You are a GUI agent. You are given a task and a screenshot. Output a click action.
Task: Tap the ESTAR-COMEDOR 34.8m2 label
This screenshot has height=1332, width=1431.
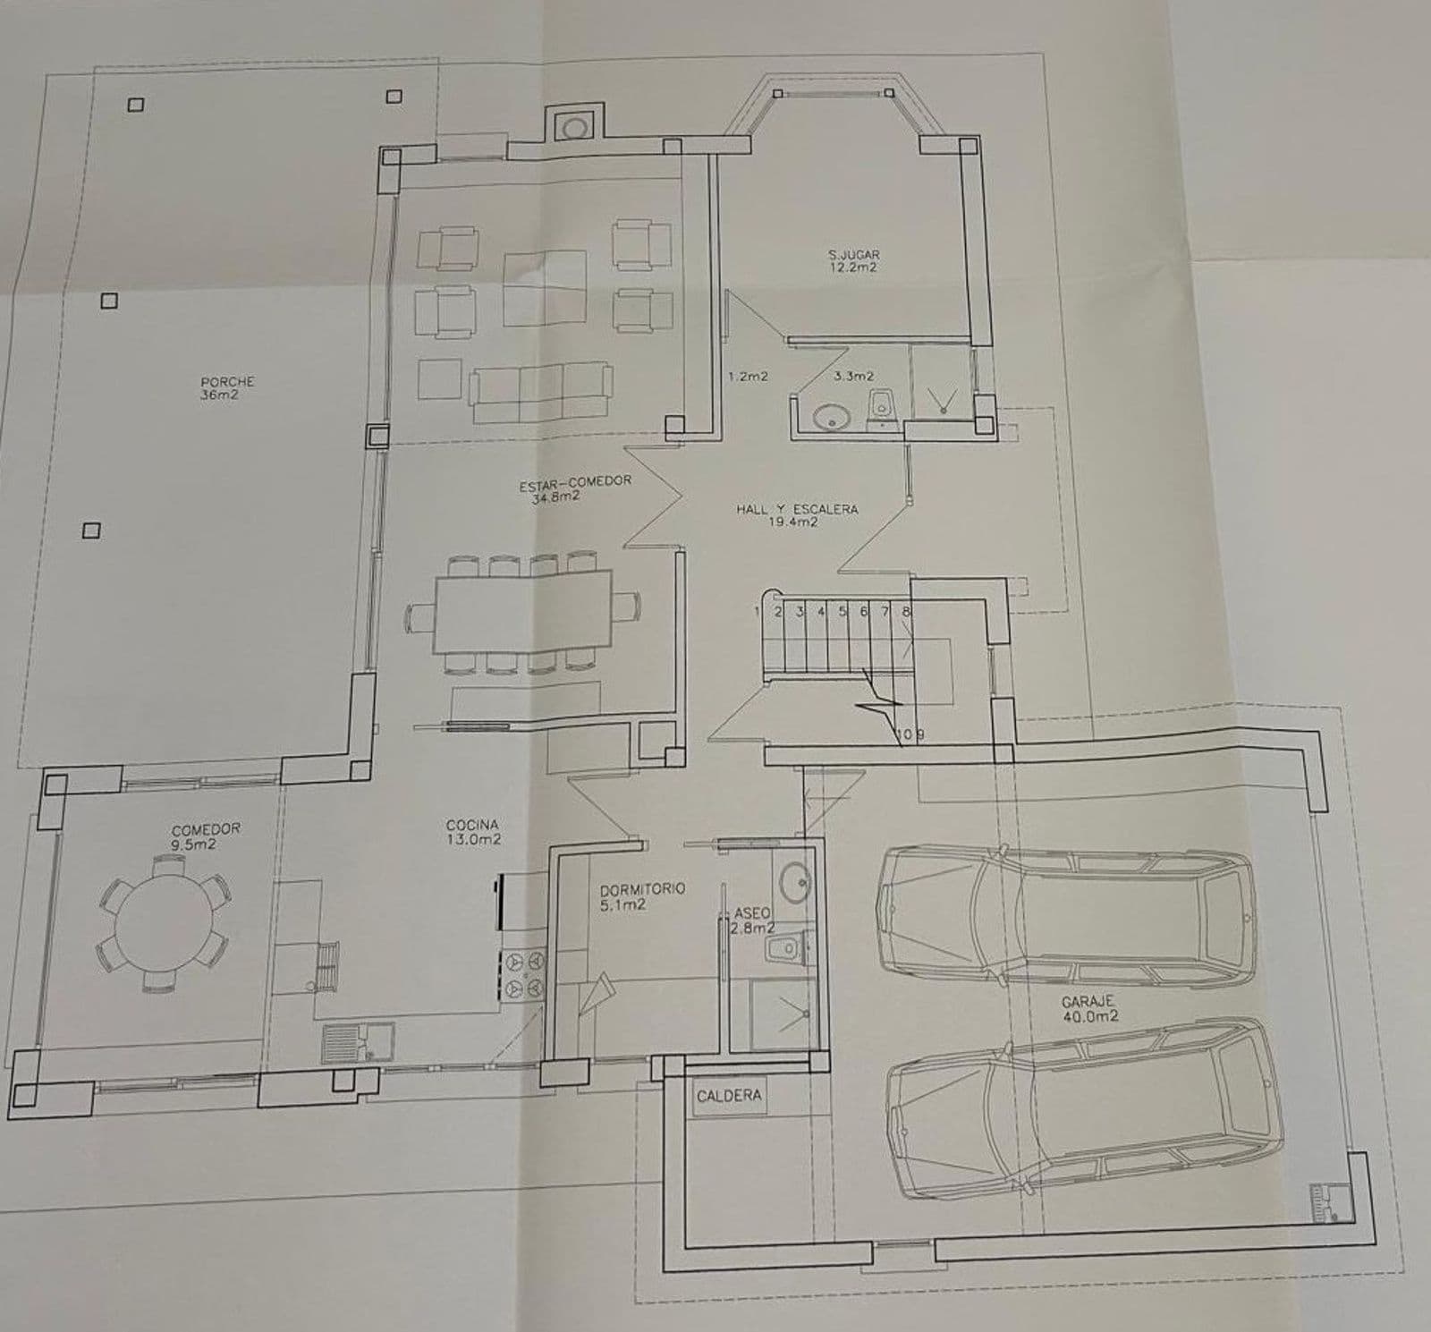point(574,488)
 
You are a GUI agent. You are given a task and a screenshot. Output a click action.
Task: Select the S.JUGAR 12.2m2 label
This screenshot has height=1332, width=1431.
point(853,260)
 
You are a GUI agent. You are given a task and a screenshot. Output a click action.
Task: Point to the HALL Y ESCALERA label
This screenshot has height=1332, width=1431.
point(797,509)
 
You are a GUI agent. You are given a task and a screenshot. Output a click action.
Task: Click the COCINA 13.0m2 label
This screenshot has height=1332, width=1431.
point(473,832)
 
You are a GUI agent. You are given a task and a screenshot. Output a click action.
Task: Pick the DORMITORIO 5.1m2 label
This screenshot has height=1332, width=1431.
point(642,896)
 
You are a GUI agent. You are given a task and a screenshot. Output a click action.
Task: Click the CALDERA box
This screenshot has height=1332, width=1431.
point(729,1096)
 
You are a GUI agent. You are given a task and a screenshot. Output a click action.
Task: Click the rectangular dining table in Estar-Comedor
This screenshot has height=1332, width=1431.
point(523,614)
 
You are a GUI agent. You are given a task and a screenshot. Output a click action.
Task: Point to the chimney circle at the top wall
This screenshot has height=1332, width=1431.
point(573,128)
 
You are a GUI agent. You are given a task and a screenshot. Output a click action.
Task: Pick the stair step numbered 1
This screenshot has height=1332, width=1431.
point(758,612)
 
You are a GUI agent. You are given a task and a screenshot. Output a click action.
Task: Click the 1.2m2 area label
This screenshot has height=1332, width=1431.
point(749,377)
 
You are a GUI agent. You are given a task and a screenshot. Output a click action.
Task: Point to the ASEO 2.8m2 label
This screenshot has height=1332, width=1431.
point(751,921)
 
